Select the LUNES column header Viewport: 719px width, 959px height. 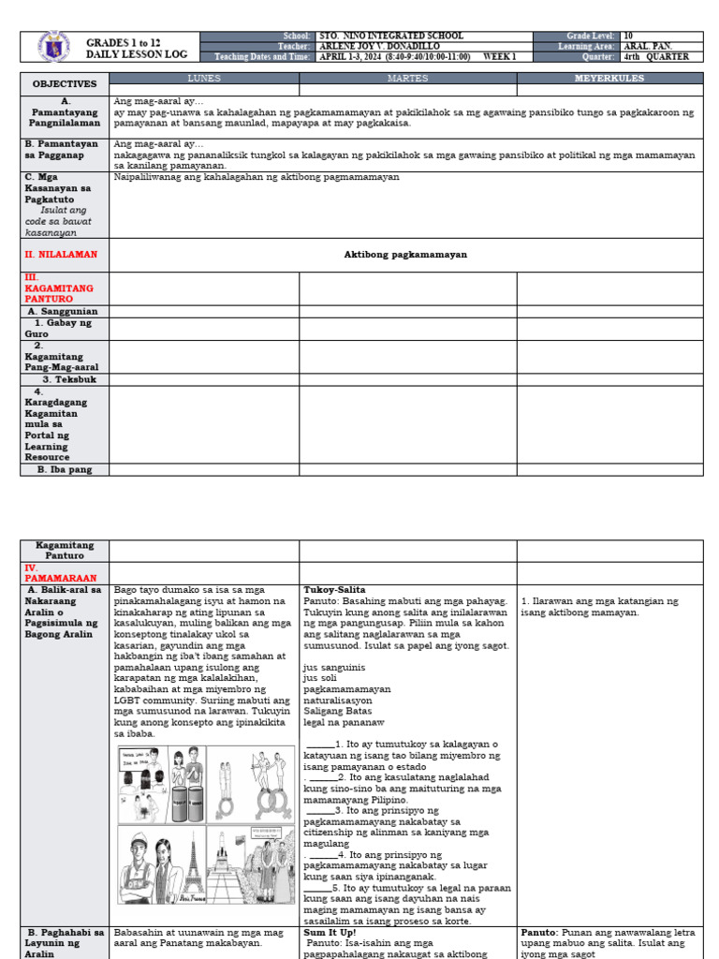click(x=204, y=78)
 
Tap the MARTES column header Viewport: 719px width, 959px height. click(x=407, y=78)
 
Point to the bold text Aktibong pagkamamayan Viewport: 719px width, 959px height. click(x=405, y=255)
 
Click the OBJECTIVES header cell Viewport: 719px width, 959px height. click(x=65, y=83)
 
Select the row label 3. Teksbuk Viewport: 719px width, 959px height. click(x=64, y=380)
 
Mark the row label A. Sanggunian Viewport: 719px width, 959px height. click(x=64, y=311)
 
